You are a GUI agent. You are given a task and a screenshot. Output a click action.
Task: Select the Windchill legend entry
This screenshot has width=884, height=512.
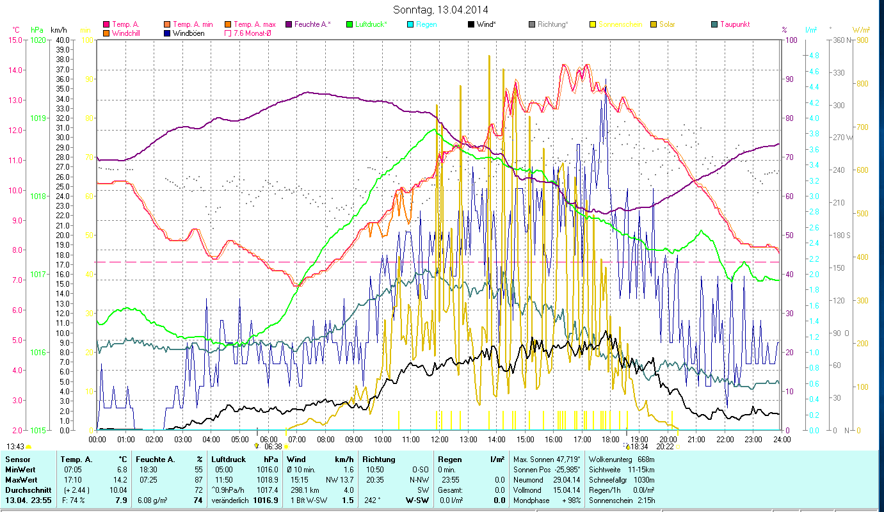pyautogui.click(x=129, y=33)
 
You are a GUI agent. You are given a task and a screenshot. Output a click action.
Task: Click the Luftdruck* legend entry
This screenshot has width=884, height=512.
pyautogui.click(x=371, y=24)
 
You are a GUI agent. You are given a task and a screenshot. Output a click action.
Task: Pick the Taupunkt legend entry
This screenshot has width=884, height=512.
pyautogui.click(x=735, y=24)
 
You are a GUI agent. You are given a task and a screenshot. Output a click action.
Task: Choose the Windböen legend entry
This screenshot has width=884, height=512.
pyautogui.click(x=188, y=33)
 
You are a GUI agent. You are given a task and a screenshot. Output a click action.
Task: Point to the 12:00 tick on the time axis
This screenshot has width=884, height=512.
pyautogui.click(x=440, y=440)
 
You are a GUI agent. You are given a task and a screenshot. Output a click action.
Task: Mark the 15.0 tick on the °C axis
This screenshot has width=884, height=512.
pyautogui.click(x=14, y=40)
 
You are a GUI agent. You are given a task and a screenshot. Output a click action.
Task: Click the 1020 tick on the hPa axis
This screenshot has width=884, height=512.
pyautogui.click(x=38, y=40)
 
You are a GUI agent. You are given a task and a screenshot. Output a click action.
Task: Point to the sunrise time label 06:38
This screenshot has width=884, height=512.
pyautogui.click(x=273, y=447)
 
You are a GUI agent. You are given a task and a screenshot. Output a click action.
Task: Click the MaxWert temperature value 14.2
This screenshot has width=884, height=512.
pyautogui.click(x=120, y=479)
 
